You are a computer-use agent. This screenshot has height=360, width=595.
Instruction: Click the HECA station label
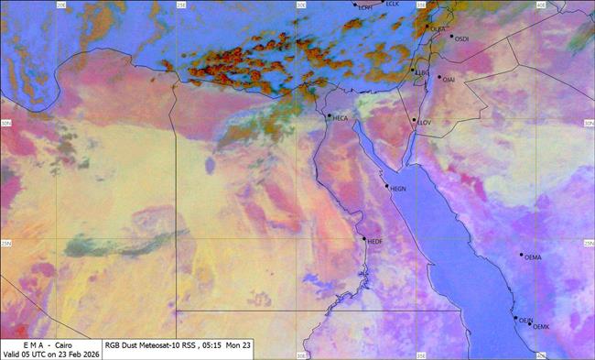(341, 119)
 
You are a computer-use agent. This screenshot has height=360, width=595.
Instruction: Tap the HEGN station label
(398, 190)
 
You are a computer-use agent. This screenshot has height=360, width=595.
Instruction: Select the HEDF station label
(374, 241)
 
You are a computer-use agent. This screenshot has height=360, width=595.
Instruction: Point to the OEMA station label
(533, 257)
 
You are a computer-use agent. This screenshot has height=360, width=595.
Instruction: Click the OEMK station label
(540, 327)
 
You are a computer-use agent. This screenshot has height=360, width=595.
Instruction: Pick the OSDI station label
(461, 39)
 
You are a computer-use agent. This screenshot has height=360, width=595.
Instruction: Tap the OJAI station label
(449, 80)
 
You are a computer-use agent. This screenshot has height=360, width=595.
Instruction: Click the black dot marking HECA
(329, 115)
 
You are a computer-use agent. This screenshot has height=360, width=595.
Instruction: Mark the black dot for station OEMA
(522, 255)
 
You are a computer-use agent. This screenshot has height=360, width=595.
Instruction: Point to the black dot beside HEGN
(387, 186)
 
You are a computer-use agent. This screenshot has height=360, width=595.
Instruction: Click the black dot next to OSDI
(451, 37)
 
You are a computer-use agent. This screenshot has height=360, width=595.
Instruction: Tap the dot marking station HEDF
(364, 239)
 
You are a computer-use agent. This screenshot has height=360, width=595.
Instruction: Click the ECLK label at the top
(393, 4)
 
